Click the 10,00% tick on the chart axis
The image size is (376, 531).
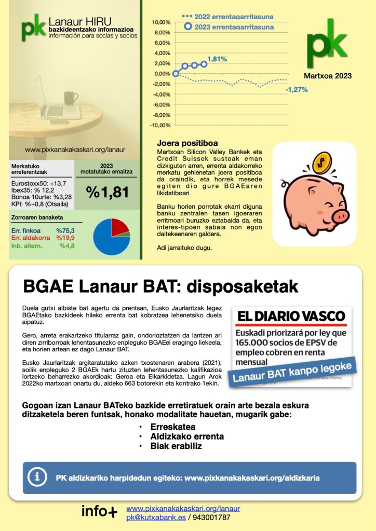(162, 23)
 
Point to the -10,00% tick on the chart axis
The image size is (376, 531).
(160, 125)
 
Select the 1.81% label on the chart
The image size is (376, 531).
(217, 59)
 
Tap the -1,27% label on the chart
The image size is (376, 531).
(297, 89)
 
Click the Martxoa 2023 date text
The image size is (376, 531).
(328, 76)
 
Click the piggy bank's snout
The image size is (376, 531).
(339, 214)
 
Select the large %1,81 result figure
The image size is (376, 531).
(108, 192)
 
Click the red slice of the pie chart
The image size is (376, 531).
(120, 227)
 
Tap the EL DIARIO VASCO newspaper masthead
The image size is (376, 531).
(291, 316)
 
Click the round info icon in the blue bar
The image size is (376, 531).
(37, 476)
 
